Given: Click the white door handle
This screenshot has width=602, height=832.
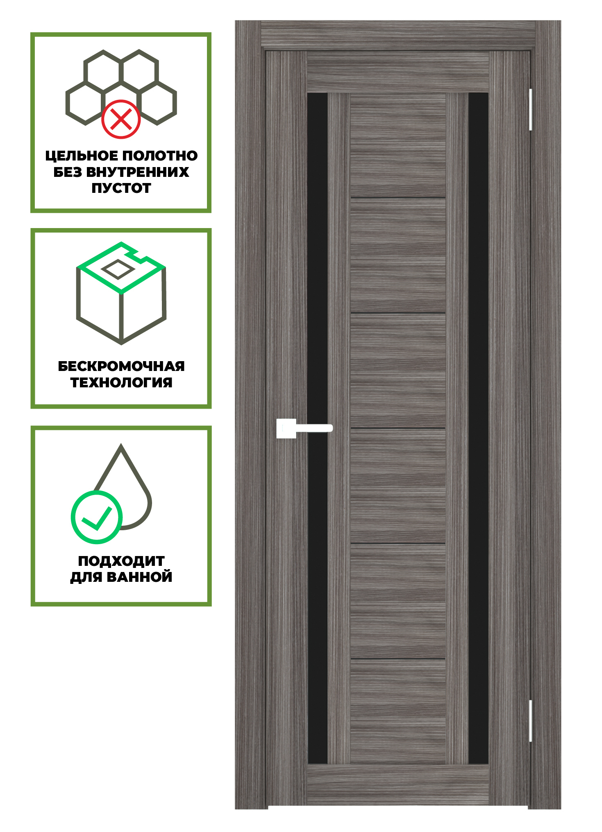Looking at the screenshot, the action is [x=304, y=428].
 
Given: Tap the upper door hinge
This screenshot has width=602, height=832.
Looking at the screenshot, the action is [x=530, y=110].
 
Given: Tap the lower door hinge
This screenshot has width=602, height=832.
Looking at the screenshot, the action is [x=530, y=721].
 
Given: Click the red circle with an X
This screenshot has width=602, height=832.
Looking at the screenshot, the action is [x=121, y=119].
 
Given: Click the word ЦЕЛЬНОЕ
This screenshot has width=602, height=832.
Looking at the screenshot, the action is [x=82, y=156].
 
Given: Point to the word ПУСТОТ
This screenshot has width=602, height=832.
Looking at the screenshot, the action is [x=121, y=188].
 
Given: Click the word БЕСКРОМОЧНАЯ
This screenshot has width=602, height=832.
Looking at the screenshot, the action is [x=121, y=366].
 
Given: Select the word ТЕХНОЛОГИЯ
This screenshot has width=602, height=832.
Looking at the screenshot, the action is [x=121, y=382].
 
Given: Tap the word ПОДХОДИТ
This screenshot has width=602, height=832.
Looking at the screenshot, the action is [x=121, y=561].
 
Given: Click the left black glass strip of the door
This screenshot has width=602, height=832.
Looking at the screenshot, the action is [x=318, y=428].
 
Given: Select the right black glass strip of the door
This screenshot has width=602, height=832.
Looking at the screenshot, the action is [x=478, y=428].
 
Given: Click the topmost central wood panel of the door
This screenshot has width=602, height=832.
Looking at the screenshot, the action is [x=398, y=146].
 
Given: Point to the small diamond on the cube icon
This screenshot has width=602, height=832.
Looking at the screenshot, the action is [x=118, y=269].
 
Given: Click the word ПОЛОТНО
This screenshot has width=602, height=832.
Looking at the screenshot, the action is [x=160, y=156].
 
